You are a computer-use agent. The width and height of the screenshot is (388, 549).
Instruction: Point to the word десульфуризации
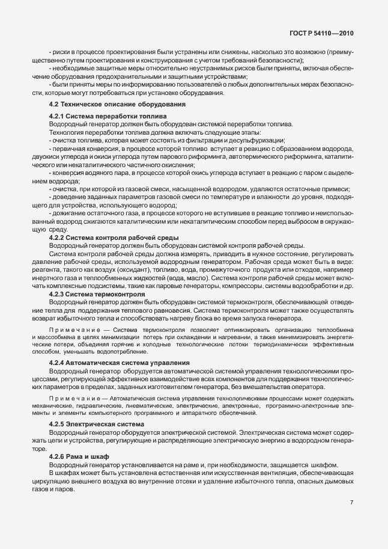tap(241, 140)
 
